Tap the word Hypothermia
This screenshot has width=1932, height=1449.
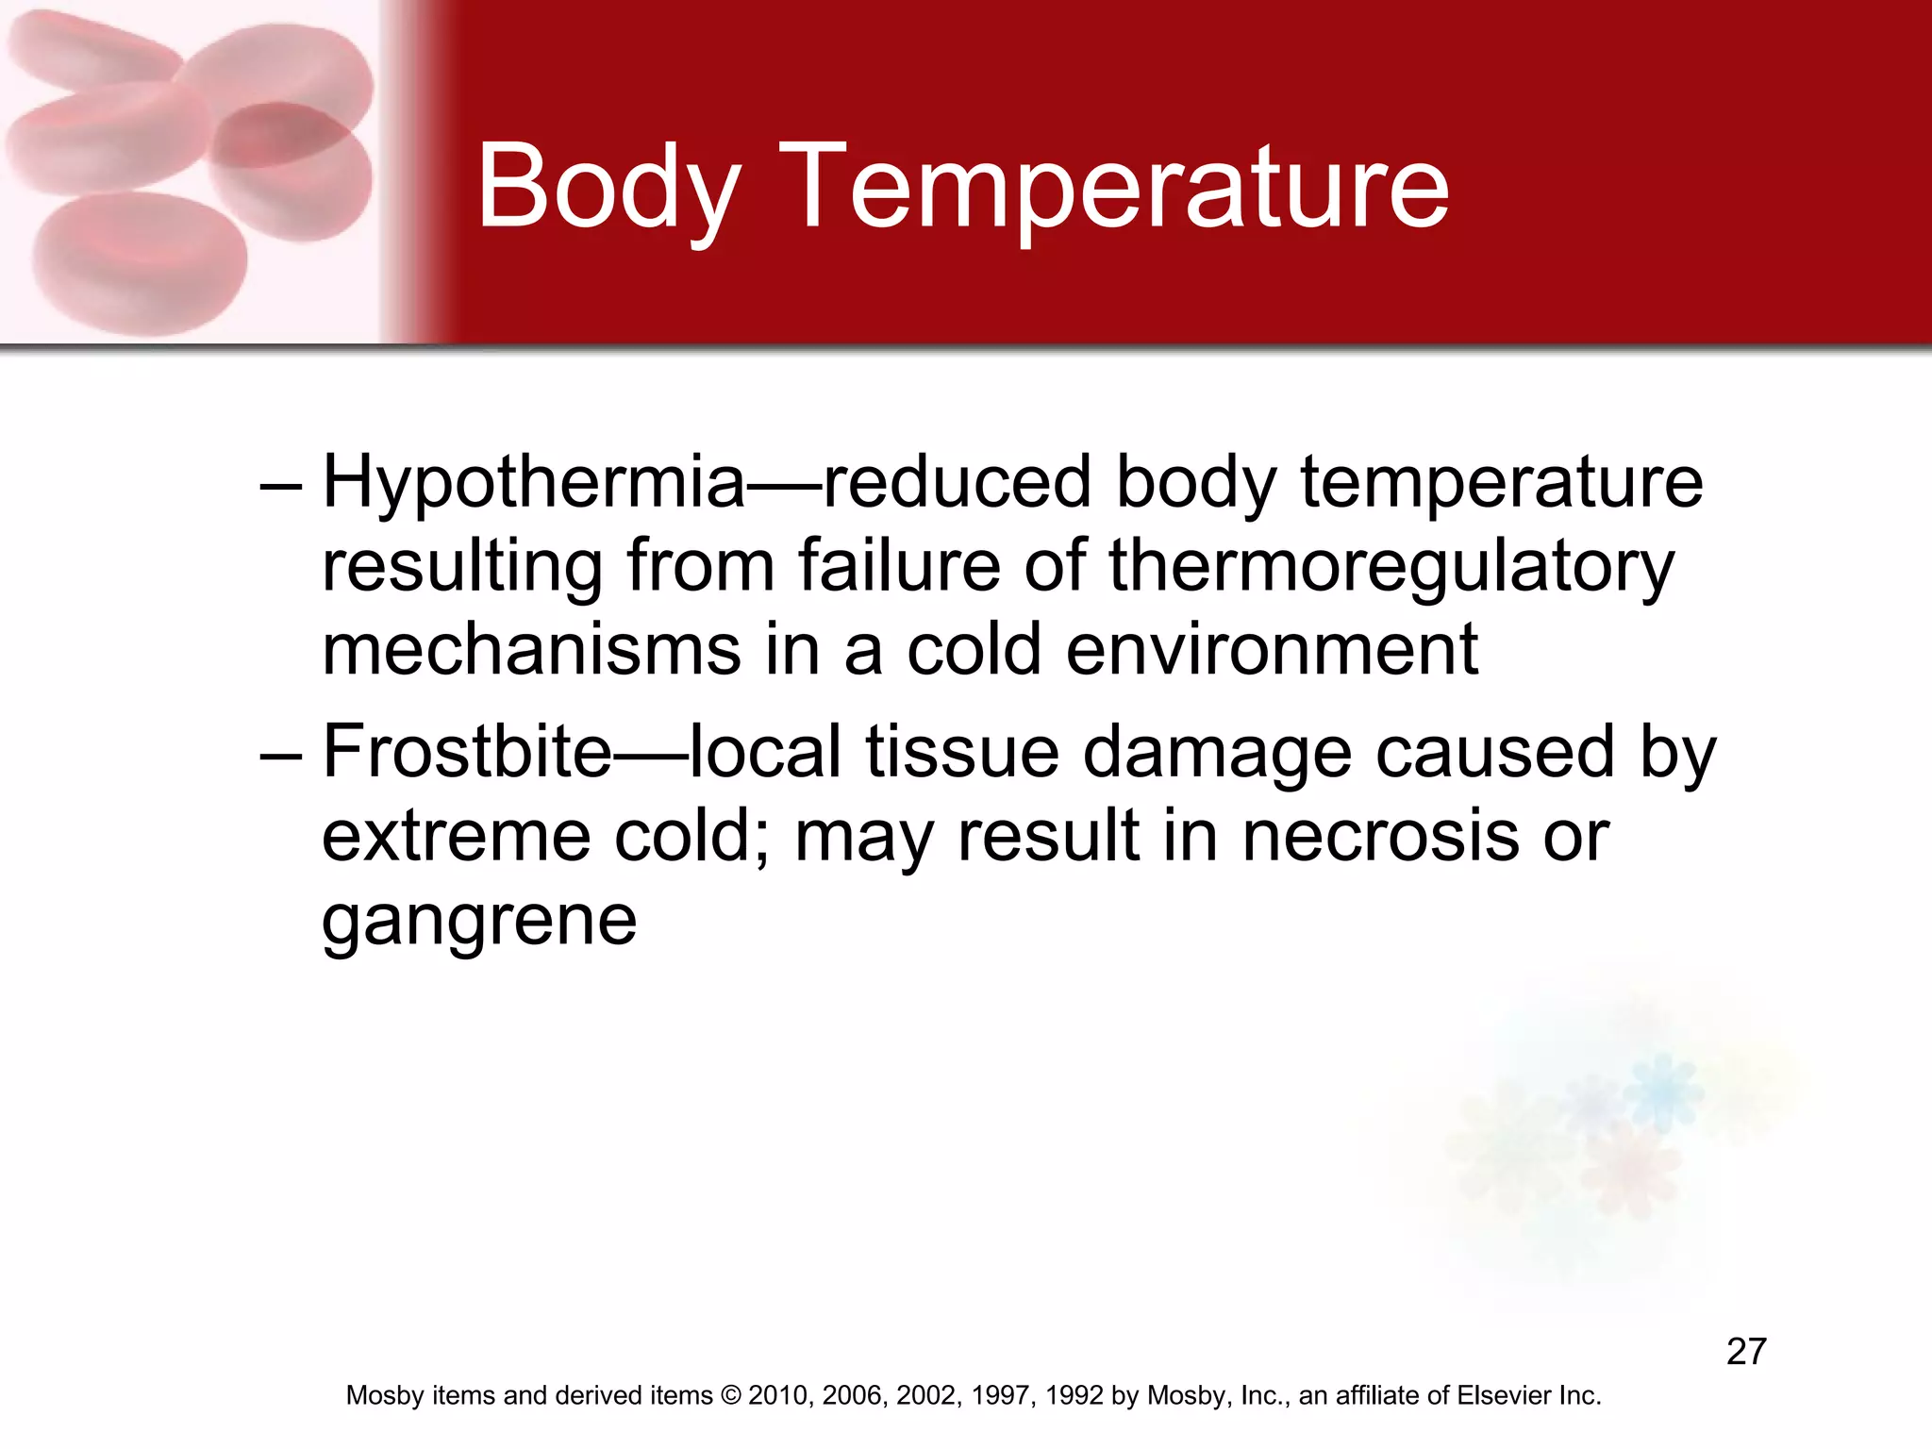click(534, 483)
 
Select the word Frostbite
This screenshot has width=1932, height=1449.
click(468, 753)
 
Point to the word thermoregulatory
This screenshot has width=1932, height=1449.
click(1391, 567)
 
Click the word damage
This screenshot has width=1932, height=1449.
click(1217, 753)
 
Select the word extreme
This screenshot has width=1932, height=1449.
click(457, 836)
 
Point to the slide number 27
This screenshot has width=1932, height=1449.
click(1746, 1352)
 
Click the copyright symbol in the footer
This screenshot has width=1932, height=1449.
click(732, 1395)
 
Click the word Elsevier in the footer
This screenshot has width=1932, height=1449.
click(1503, 1395)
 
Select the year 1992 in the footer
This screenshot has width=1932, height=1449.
click(1074, 1395)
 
